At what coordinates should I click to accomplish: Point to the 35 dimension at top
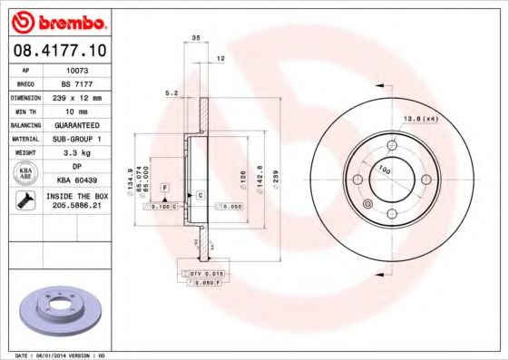pyautogui.click(x=195, y=39)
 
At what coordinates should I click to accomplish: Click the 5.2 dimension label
pyautogui.click(x=170, y=92)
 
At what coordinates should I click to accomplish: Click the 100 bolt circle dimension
pyautogui.click(x=383, y=170)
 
